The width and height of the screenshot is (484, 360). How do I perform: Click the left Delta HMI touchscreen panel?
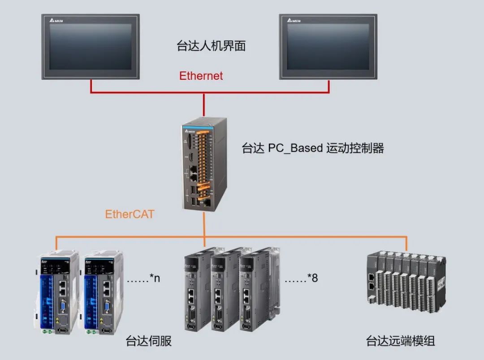(x=91, y=47)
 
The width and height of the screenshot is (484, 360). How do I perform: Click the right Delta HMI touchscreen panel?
(x=328, y=47)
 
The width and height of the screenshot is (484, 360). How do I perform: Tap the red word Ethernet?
(x=201, y=76)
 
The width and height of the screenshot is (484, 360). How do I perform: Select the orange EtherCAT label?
(x=130, y=214)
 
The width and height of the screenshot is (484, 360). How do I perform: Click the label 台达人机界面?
(x=211, y=46)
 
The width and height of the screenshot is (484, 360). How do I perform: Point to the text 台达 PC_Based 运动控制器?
(x=313, y=148)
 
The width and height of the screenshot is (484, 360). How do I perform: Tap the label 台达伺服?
(x=149, y=341)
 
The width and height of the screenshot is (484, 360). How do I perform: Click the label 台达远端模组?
(x=400, y=341)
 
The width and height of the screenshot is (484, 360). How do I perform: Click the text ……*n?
(x=143, y=278)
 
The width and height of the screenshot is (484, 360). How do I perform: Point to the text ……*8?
(x=301, y=278)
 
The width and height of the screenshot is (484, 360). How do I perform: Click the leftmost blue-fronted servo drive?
(x=56, y=291)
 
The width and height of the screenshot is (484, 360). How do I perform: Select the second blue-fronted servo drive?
(x=103, y=291)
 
